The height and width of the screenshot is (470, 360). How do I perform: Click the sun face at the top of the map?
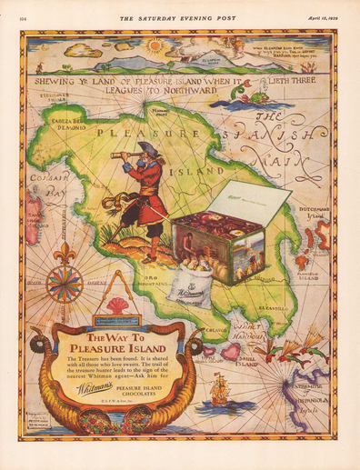[154, 45]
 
